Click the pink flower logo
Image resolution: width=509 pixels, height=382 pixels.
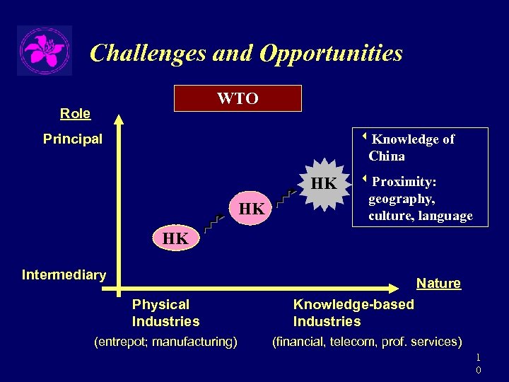coord(45,50)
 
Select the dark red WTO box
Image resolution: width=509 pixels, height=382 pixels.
coord(238,98)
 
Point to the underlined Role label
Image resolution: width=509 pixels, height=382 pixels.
coord(75,113)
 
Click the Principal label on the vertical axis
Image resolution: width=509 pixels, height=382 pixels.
coord(73,139)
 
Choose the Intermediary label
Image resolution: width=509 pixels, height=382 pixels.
coord(64,274)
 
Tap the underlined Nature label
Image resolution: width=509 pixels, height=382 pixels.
coord(438,283)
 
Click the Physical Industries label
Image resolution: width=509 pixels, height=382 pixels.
coord(165,313)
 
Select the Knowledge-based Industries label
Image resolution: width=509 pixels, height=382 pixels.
coord(353,313)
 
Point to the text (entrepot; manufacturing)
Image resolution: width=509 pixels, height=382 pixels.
coord(165,342)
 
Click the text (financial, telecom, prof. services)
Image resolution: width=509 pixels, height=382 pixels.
coord(367,342)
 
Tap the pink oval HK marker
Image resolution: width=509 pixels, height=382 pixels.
coord(252,209)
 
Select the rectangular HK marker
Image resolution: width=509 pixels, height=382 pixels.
coord(175,238)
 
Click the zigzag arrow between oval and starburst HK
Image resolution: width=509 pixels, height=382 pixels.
coord(285,197)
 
